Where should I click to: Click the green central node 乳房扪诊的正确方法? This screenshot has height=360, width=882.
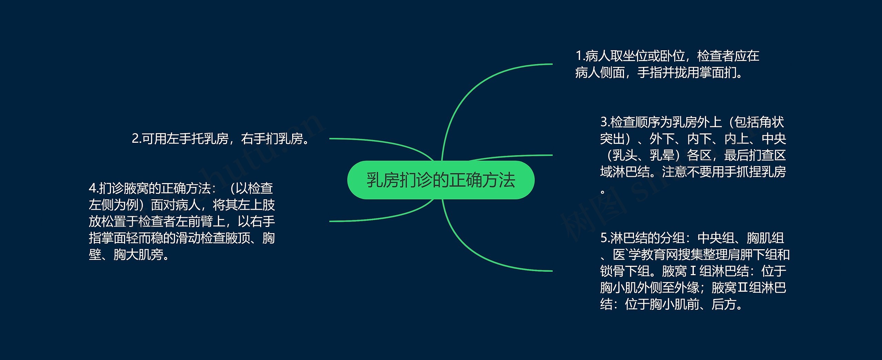coord(441,180)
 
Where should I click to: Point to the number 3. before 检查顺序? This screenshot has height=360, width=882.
coord(605,122)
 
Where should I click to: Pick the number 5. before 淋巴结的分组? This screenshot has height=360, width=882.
coord(605,238)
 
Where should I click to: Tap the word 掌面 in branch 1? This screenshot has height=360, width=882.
coord(711,72)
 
